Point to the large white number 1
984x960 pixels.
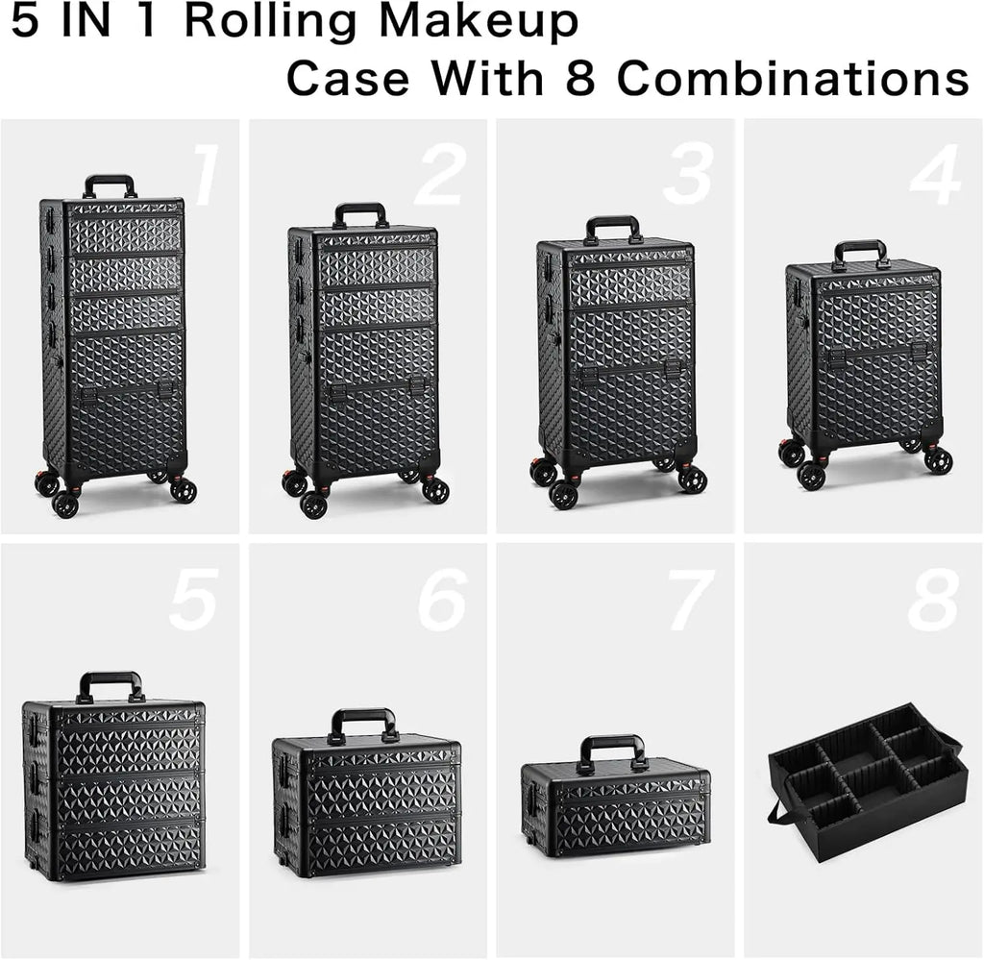pos(203,176)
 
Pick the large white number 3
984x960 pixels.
pos(688,176)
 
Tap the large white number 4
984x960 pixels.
pos(934,176)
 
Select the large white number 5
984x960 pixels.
pos(195,600)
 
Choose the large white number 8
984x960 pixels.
pos(933,600)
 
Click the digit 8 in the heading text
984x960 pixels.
pos(581,79)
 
